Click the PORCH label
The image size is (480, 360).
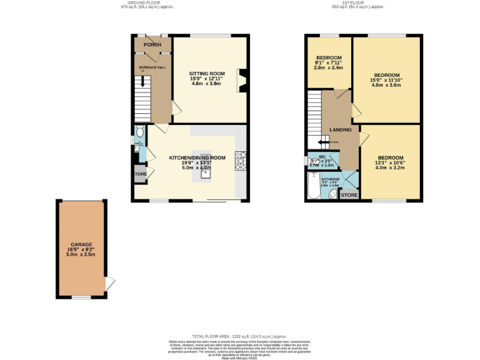pyautogui.click(x=152, y=45)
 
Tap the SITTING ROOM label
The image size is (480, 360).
pyautogui.click(x=207, y=74)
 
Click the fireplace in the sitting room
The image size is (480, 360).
pyautogui.click(x=241, y=80)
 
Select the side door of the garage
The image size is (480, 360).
pyautogui.click(x=110, y=285)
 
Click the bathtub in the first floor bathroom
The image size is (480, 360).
pyautogui.click(x=312, y=186)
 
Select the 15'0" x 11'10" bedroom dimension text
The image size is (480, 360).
pyautogui.click(x=386, y=80)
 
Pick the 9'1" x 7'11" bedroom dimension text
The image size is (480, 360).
pyautogui.click(x=329, y=62)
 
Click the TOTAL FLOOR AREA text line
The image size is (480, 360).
pyautogui.click(x=240, y=335)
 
